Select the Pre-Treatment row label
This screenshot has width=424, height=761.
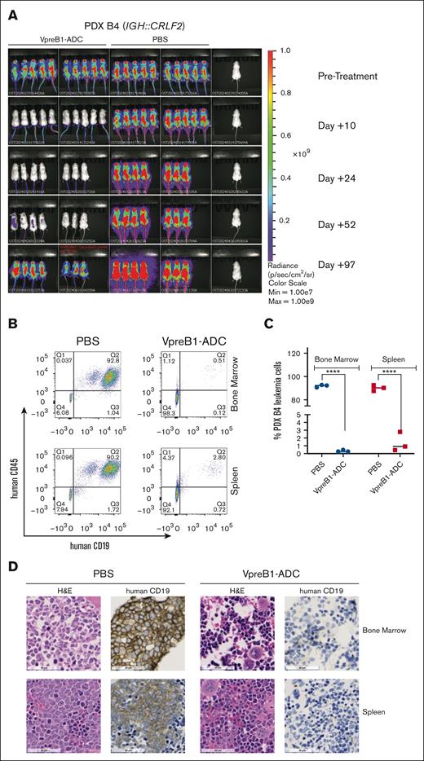[347, 75]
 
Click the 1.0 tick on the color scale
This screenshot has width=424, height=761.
[285, 50]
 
